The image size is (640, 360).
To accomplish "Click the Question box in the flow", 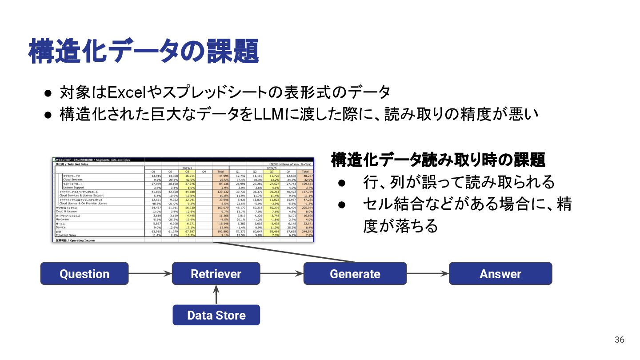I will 84,274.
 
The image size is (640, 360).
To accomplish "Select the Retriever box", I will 216,274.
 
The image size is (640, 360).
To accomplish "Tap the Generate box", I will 355,274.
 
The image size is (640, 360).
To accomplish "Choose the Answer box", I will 500,274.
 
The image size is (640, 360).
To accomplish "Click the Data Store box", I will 216,315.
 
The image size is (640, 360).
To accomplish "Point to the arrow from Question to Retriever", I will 150,274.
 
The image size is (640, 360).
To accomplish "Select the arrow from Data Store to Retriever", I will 216,295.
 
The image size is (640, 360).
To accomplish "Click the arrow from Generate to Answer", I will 428,274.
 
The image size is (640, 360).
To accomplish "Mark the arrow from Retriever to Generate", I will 282,274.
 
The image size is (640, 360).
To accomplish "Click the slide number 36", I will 620,340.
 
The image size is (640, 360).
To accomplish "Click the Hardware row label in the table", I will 63,219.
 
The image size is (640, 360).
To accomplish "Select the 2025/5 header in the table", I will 187,168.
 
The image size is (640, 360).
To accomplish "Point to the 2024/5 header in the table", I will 271,168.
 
